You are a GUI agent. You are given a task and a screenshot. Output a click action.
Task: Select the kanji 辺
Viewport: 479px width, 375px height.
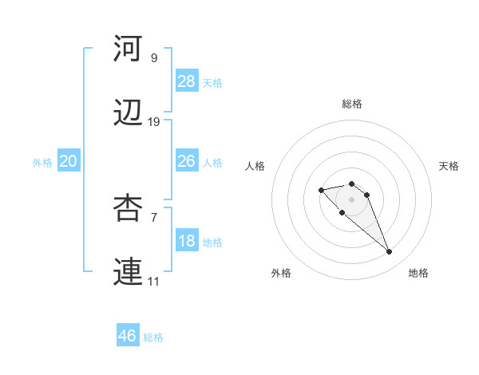coord(128,115)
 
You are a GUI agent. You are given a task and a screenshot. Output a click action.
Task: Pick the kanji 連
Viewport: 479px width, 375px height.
coord(128,274)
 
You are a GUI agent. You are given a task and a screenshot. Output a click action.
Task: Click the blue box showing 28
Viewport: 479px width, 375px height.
coord(187,81)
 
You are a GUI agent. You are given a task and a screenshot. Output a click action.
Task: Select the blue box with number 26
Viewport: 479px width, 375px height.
coord(187,161)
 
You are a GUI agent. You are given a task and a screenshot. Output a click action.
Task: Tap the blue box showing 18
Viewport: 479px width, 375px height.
coord(187,241)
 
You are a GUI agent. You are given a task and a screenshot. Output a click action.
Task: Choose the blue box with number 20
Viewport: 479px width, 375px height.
coord(68,161)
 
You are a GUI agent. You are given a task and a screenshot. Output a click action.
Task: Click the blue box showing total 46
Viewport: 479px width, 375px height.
coord(128,336)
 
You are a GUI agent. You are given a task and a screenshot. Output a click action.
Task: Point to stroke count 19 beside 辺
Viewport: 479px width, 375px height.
coord(154,122)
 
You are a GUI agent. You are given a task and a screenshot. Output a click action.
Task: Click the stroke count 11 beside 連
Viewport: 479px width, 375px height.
coord(154,282)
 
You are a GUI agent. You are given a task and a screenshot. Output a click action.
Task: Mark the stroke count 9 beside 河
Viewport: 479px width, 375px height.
coord(154,57)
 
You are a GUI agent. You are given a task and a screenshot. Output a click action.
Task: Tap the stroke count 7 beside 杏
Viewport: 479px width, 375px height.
coord(154,216)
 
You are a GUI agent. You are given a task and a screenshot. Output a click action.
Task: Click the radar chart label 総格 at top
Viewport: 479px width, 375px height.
coord(352,104)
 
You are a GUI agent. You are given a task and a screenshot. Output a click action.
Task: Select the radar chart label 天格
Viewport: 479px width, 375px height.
coord(449,166)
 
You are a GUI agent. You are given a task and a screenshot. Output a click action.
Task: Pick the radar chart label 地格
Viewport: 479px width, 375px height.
coord(418,273)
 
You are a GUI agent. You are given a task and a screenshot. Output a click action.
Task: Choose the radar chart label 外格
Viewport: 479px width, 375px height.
coord(281,273)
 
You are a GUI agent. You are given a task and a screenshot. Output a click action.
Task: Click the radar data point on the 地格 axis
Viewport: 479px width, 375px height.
coord(390,252)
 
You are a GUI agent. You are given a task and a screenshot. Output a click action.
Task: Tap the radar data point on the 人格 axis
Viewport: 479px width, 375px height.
coord(321,190)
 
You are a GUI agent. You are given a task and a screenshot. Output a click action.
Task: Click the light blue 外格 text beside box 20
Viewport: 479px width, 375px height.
coord(42,163)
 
